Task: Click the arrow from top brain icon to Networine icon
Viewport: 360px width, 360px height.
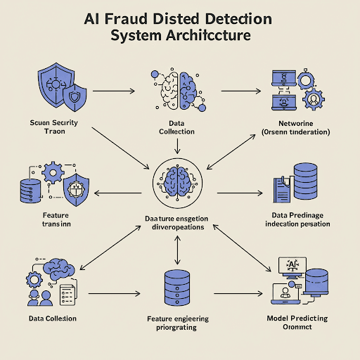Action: [240, 91]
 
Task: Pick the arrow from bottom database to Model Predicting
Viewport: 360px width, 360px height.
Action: [233, 291]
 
